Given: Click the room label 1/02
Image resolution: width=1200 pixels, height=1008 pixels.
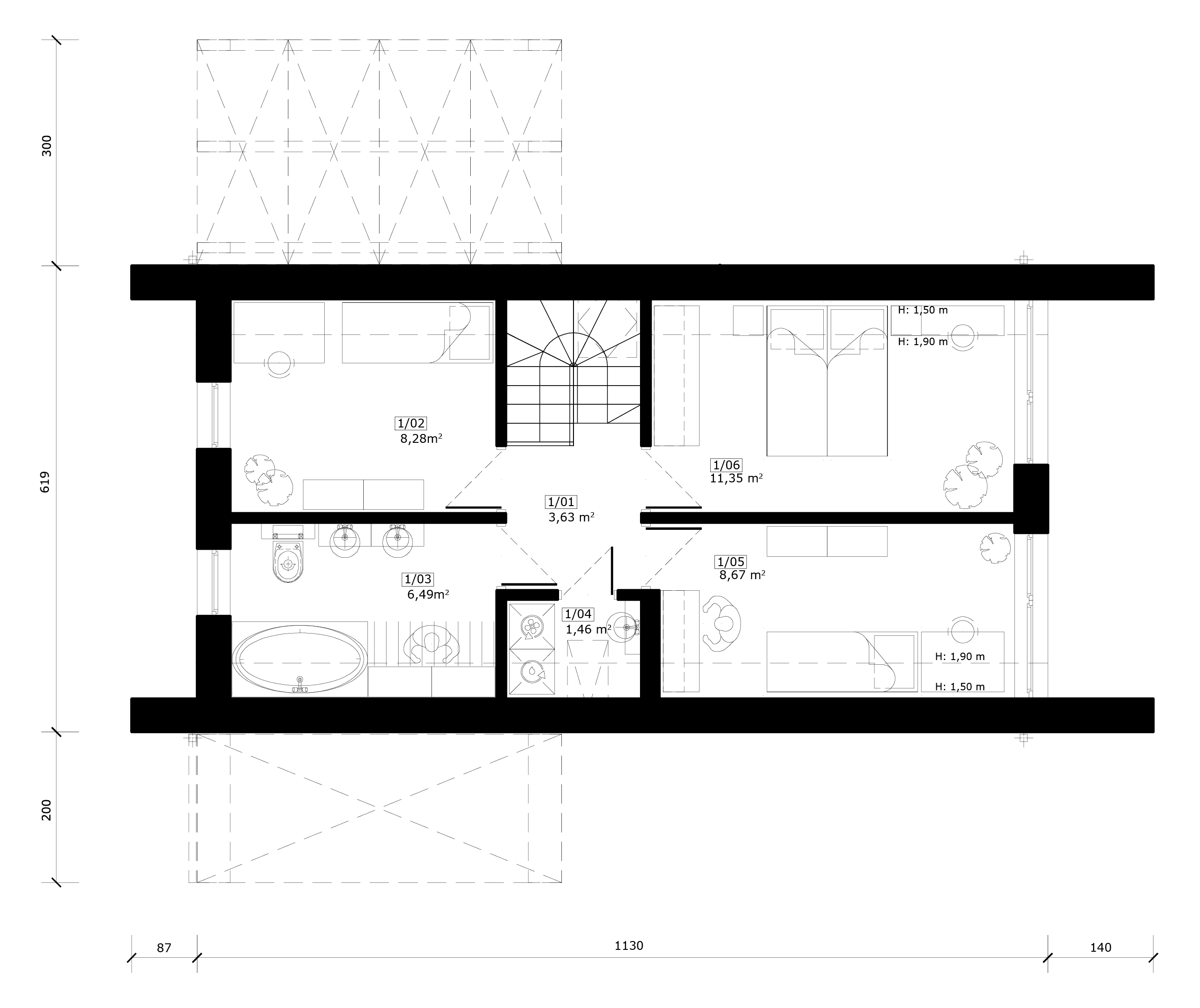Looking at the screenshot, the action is click(x=410, y=423).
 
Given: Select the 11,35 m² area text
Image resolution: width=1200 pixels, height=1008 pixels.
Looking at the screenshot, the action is click(x=736, y=478).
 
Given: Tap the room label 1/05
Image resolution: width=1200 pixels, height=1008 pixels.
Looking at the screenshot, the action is click(x=731, y=562).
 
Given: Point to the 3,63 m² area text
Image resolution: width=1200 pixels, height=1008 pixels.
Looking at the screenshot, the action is click(x=571, y=518).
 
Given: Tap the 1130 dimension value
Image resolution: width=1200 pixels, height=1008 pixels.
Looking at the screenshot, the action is click(x=628, y=946).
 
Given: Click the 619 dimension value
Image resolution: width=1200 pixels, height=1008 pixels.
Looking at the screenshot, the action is click(x=46, y=482).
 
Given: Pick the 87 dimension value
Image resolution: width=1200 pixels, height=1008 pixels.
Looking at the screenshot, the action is click(x=164, y=948).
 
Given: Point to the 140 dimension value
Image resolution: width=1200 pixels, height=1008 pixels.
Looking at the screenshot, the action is click(x=1100, y=948).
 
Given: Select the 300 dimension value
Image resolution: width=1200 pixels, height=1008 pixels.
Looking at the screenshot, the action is click(x=47, y=146).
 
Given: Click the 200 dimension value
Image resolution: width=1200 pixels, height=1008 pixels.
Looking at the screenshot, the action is click(x=47, y=810).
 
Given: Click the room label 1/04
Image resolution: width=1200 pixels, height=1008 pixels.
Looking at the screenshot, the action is click(x=578, y=614).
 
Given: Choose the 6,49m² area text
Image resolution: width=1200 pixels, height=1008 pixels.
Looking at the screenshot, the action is click(x=427, y=594).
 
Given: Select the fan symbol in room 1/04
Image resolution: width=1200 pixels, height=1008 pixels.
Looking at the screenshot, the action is click(x=532, y=627).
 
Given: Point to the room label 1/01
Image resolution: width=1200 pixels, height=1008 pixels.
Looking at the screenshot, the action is click(x=561, y=502).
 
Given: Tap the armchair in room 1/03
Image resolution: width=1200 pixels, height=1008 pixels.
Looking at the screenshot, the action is click(x=432, y=644).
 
